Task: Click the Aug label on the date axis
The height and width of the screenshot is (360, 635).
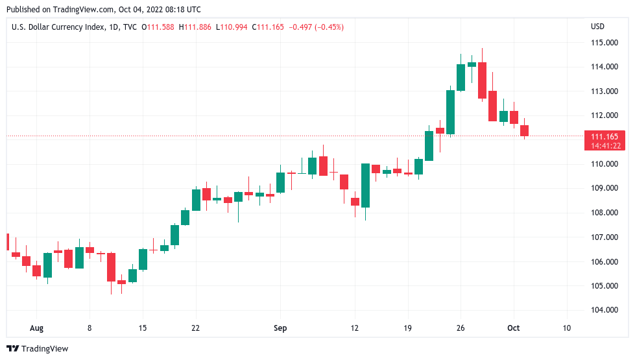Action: [x=36, y=328]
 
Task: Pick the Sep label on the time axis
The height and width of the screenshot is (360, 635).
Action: [x=280, y=328]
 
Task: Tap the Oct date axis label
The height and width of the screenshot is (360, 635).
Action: [x=514, y=328]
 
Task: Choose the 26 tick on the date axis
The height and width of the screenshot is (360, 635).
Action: [x=461, y=328]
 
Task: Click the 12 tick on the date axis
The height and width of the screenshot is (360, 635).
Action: [x=355, y=328]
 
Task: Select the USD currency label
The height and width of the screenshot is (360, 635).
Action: [x=597, y=27]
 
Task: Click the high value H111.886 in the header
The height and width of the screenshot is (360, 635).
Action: [x=199, y=27]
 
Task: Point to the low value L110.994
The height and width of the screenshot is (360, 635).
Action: [x=234, y=27]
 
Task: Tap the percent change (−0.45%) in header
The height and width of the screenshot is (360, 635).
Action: [x=328, y=27]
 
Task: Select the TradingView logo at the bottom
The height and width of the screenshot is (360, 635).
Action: [x=37, y=349]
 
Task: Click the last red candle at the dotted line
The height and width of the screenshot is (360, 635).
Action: [x=524, y=130]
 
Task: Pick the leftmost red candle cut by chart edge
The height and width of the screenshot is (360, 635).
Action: [x=7, y=241]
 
